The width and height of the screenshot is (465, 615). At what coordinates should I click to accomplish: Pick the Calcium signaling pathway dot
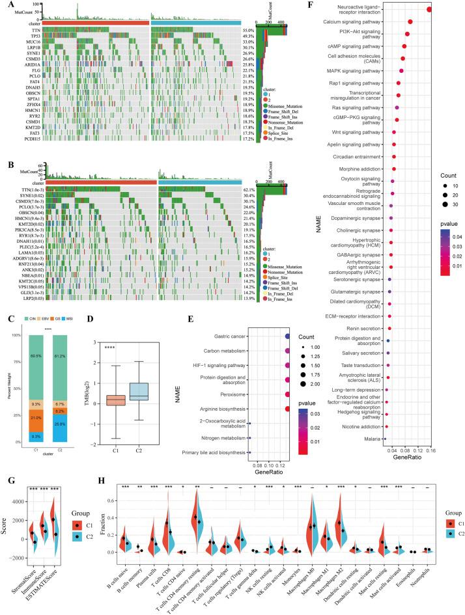pos(410,21)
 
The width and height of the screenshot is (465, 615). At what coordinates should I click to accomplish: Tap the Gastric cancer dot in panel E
pos(288,336)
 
